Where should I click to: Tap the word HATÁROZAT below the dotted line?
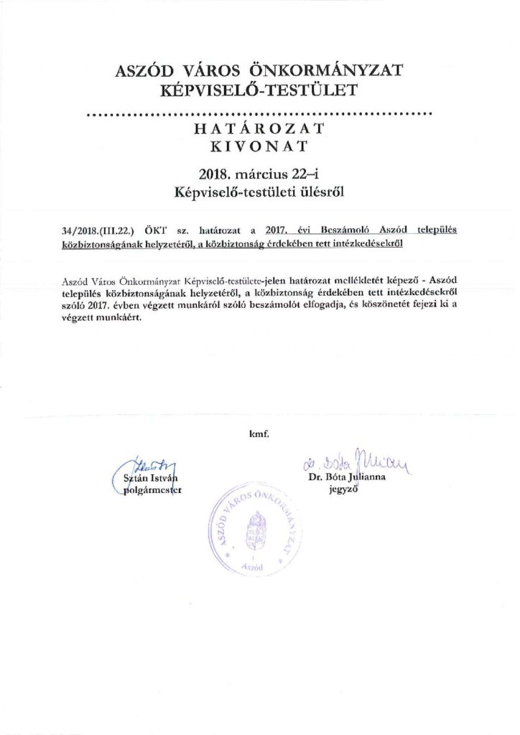(259, 129)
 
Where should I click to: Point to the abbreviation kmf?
(259, 434)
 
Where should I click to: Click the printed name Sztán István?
(147, 479)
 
